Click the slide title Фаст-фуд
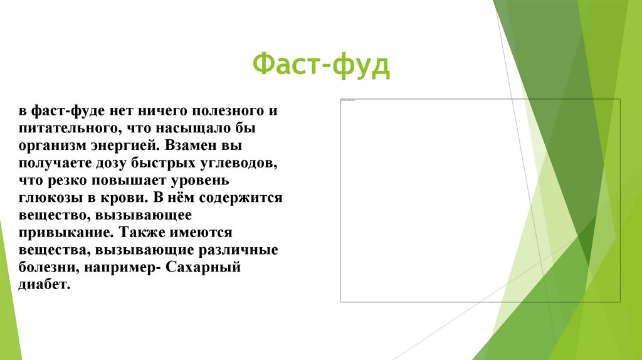pos(321,66)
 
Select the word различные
pos(241,250)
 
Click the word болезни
pos(45,267)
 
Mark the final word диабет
pos(41,285)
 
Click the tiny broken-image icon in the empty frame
pos(342,100)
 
